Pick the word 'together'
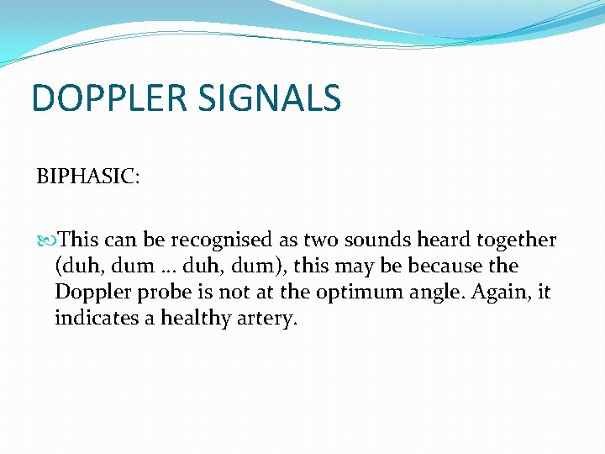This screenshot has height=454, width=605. [x=516, y=241]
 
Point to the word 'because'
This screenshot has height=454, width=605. [x=451, y=267]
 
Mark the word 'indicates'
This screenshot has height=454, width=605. [x=95, y=319]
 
